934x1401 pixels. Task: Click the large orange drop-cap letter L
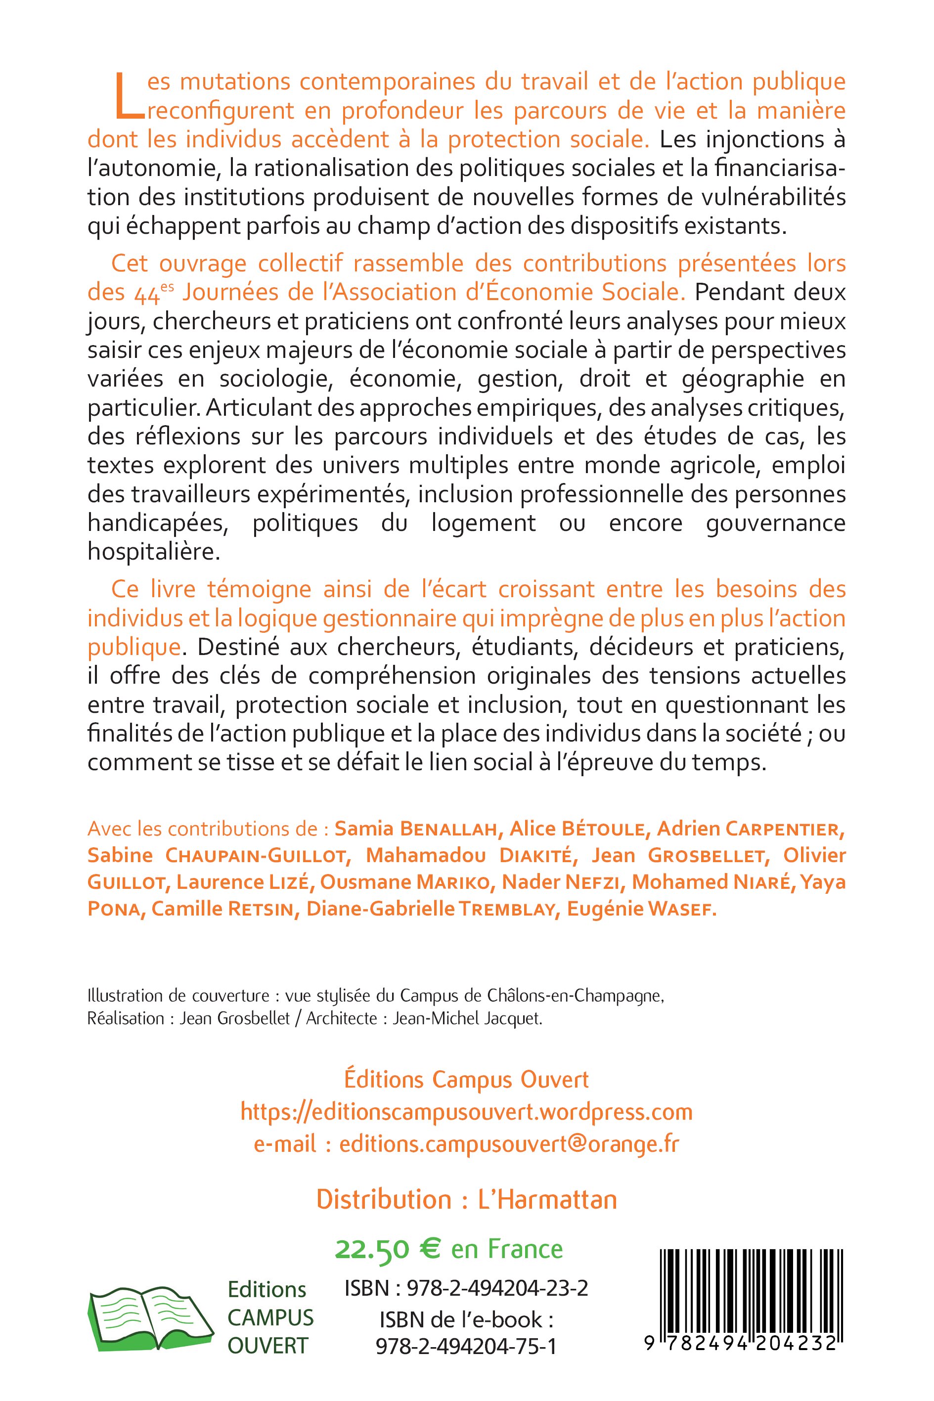pos(129,95)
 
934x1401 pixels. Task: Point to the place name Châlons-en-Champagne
pos(588,997)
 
